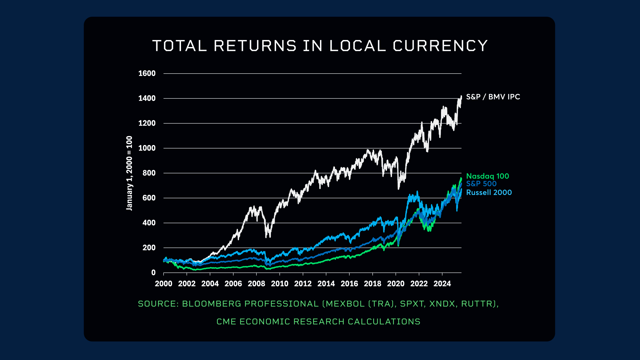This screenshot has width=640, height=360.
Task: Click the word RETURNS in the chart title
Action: coord(255,46)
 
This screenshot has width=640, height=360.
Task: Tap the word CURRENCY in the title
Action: coord(440,46)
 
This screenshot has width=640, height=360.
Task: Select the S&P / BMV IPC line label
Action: coord(493,97)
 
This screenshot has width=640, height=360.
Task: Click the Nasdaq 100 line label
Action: coord(487,176)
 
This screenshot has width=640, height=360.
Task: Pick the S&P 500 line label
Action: coord(481,184)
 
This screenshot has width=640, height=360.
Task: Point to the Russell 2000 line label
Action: coord(489,192)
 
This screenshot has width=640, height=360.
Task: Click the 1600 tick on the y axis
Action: coord(147,73)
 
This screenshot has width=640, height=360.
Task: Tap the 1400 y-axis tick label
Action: coord(147,98)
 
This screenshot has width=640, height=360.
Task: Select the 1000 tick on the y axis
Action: coord(147,148)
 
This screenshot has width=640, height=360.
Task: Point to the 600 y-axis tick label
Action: coord(149,198)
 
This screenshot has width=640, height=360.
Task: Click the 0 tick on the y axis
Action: coord(153,273)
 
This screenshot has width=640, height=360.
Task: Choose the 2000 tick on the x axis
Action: coord(164,284)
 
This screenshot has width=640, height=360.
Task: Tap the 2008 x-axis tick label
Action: coord(256,284)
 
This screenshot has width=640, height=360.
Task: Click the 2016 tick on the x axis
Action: coord(349,284)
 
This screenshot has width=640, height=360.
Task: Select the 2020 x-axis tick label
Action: coord(396,284)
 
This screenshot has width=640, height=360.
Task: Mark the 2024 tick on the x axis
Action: coord(442,284)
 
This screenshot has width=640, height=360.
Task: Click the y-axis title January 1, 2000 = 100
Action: coord(129,173)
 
